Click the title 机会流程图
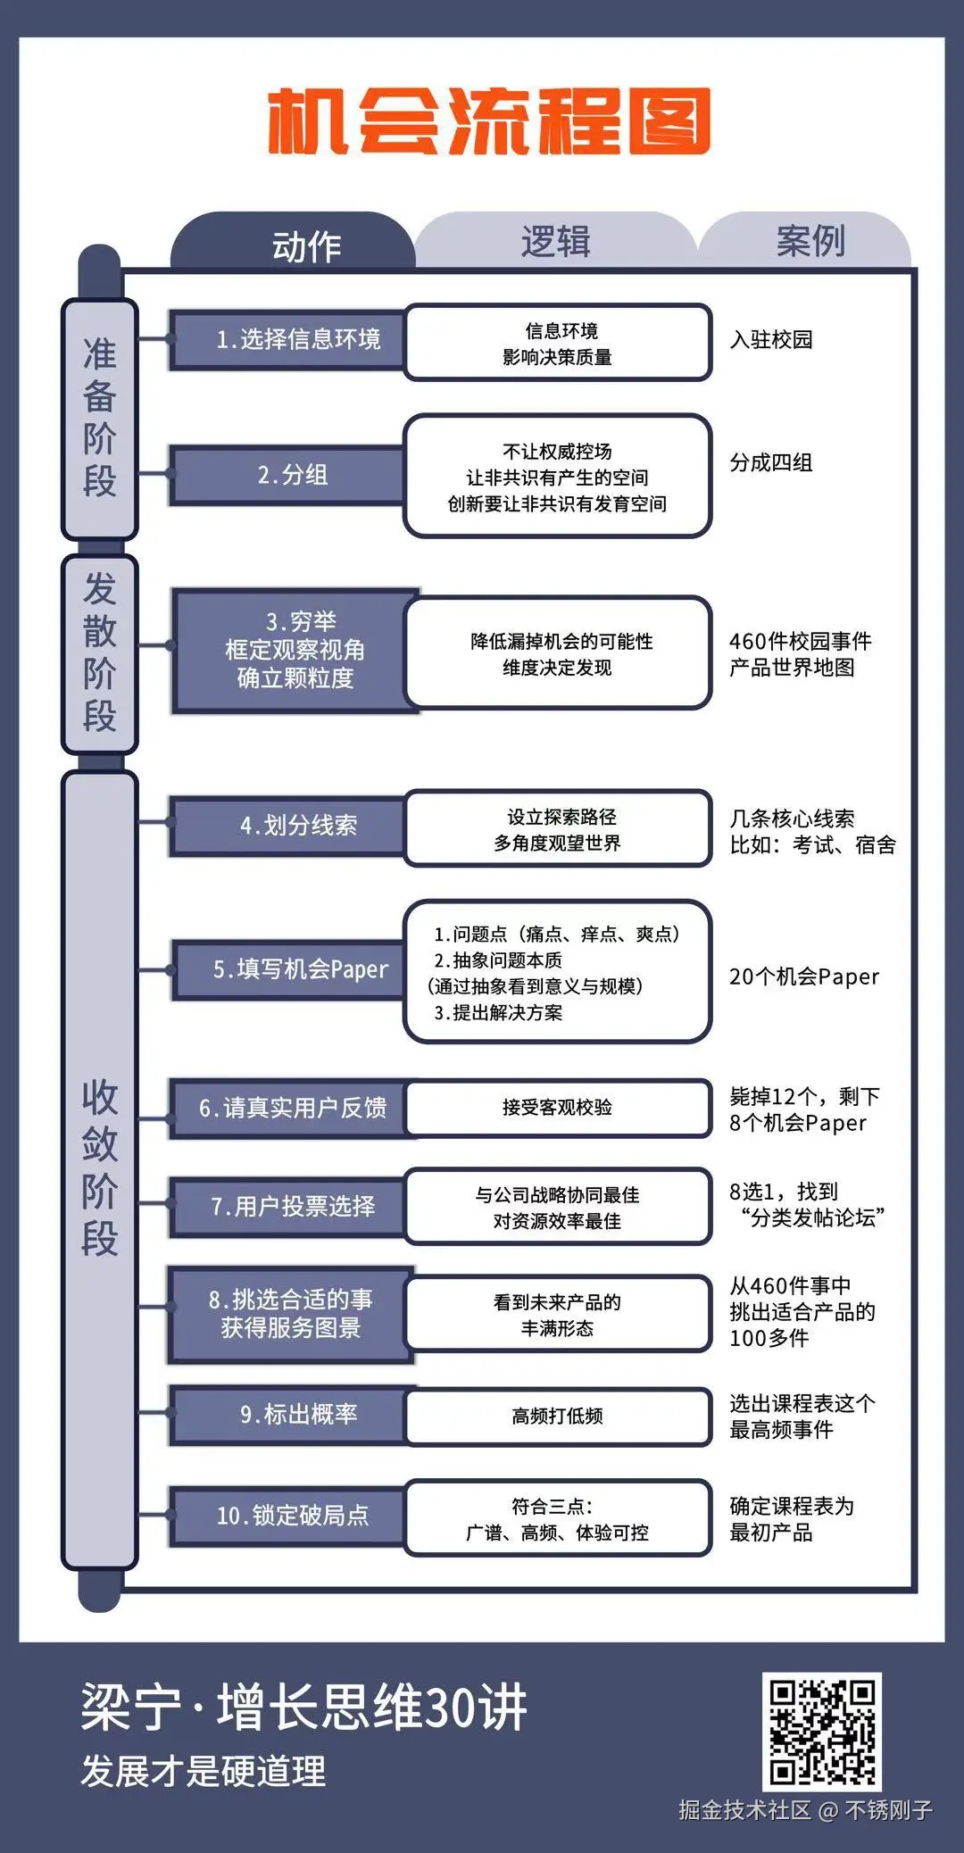coord(489,121)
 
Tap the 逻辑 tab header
coord(555,242)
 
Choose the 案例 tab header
coord(810,241)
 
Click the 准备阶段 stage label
coord(99,418)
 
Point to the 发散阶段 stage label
coord(99,652)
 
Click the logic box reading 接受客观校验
coord(558,1108)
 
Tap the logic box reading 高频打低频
coord(558,1416)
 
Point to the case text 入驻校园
coord(771,340)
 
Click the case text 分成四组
coord(771,462)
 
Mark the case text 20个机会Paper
coord(804,977)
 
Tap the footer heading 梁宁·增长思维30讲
coord(304,1708)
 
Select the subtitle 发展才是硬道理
coord(204,1772)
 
